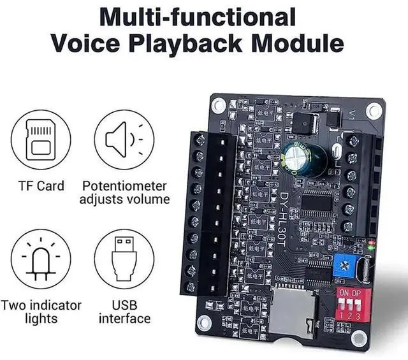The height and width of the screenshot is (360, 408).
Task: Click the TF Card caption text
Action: click(41, 186)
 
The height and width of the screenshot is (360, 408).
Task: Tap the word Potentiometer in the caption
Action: click(125, 186)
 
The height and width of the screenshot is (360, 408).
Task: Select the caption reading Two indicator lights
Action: click(41, 312)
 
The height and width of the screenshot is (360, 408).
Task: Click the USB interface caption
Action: click(124, 312)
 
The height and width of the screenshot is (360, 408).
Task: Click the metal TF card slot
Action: click(294, 315)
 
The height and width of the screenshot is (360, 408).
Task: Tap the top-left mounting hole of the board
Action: click(219, 104)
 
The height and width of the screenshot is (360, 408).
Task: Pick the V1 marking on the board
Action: click(353, 117)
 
